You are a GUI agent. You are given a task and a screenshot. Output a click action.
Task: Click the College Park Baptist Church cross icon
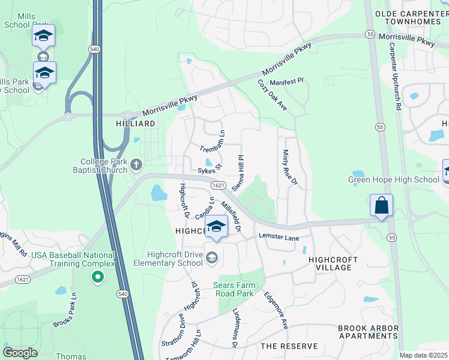click(x=136, y=164)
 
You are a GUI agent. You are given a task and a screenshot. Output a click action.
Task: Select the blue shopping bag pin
click(x=381, y=206)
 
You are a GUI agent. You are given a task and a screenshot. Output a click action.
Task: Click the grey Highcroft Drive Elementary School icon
click(x=211, y=257)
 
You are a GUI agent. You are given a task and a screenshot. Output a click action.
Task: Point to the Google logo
click(x=20, y=353)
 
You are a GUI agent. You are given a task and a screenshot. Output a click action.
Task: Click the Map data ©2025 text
click(x=423, y=355)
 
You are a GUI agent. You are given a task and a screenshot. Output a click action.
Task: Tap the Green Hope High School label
click(x=393, y=179)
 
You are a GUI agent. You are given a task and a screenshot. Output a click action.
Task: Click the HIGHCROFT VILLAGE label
click(x=333, y=263)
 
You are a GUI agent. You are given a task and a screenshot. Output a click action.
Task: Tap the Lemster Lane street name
click(x=279, y=238)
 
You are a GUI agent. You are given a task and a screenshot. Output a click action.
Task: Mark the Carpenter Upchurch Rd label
click(x=394, y=76)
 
